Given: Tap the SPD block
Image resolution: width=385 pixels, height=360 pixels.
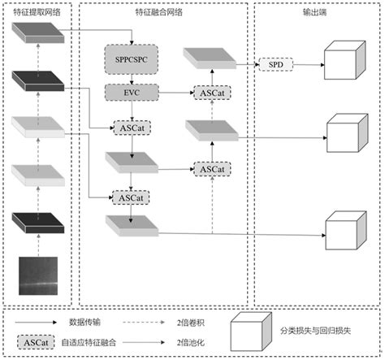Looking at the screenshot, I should [275, 63].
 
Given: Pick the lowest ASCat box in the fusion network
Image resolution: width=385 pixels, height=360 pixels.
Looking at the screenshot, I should [128, 197].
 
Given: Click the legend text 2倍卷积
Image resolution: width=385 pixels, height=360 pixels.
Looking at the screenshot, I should [192, 323].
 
